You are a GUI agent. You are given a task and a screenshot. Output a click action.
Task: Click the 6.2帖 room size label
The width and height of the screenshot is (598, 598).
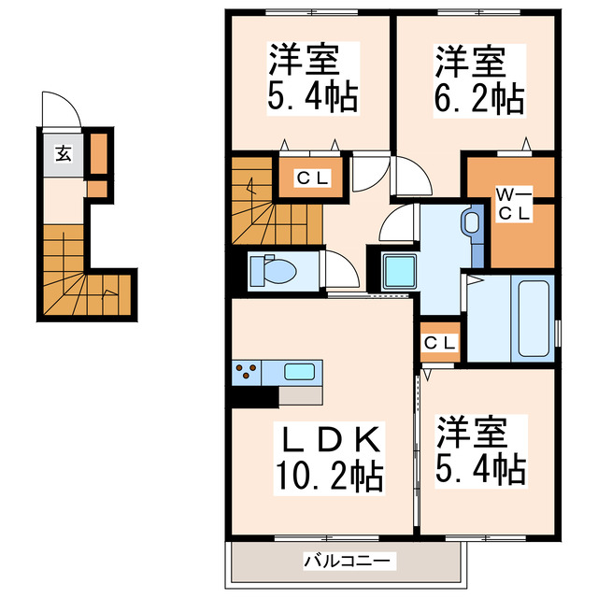(x=477, y=96)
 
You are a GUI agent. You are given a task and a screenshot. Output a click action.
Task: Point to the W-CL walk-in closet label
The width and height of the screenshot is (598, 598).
(x=512, y=204)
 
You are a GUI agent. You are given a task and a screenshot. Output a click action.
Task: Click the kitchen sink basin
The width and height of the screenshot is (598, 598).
(x=299, y=371)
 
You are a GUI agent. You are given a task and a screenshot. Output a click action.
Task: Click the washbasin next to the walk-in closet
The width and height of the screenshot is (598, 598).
(x=470, y=223)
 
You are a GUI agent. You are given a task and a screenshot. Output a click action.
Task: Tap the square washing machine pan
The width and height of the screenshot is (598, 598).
(x=399, y=272)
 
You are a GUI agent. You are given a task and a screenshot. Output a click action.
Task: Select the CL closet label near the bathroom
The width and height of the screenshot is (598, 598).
(x=440, y=343)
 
